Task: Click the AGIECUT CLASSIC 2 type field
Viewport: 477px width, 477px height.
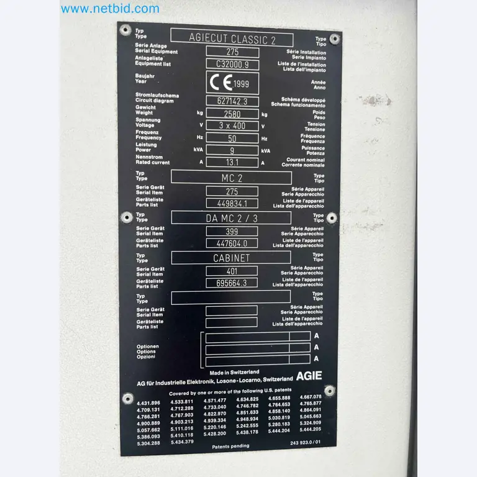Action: tap(232, 39)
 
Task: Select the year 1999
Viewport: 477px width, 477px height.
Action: tap(241, 84)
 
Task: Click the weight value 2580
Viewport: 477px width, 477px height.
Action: tap(232, 114)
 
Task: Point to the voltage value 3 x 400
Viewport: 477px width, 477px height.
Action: tap(232, 125)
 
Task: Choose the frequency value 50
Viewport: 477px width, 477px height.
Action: tap(232, 138)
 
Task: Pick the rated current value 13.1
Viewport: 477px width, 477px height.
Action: tap(232, 163)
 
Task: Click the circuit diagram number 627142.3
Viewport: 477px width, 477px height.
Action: tap(232, 101)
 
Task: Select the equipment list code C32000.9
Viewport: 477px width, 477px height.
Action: tap(232, 64)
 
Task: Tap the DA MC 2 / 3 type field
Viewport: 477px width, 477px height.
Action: tap(231, 218)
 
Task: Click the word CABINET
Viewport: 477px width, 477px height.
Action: tap(231, 258)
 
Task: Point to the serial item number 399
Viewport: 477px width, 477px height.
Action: tap(232, 232)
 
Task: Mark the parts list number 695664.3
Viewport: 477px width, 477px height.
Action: tap(232, 283)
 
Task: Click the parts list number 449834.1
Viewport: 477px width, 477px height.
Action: tap(232, 204)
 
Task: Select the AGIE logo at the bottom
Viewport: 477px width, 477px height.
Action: tap(309, 376)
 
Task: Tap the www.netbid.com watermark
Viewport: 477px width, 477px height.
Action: tap(110, 9)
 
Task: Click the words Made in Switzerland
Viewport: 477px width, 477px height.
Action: tap(234, 372)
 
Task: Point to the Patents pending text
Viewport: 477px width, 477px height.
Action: tap(230, 447)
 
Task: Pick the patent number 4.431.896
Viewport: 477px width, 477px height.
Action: tap(148, 403)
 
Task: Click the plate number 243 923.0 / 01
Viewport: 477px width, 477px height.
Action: tap(305, 443)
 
